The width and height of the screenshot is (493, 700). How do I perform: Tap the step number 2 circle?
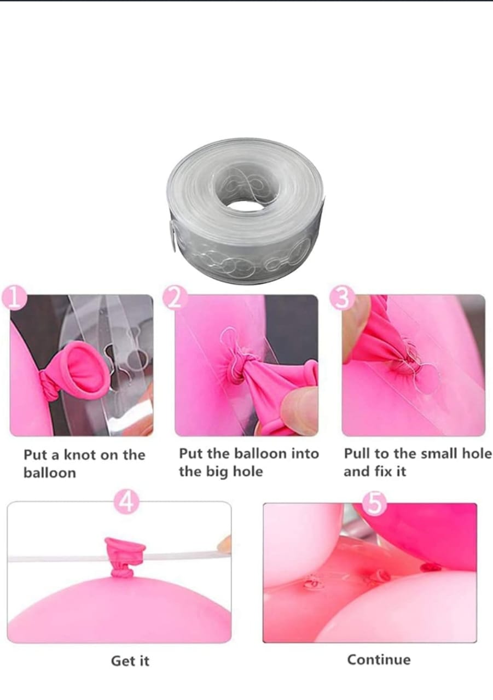point(176,299)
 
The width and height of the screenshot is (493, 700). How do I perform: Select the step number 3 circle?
point(343,298)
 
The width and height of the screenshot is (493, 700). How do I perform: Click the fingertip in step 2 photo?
point(299,406)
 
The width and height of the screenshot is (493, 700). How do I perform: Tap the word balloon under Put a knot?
point(50,473)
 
